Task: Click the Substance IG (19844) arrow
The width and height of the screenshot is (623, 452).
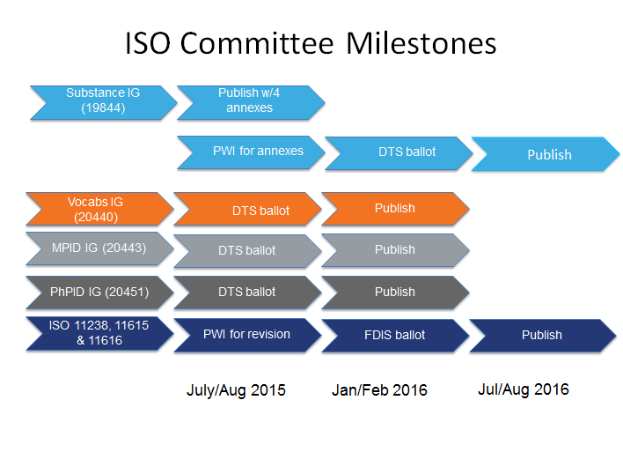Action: coord(104,103)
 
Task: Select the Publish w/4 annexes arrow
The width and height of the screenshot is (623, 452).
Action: coord(251,103)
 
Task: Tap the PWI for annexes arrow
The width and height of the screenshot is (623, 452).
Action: coord(251,152)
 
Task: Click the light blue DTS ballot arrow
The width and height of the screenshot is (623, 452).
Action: coord(399,153)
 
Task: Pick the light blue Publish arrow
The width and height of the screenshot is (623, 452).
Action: coord(546,154)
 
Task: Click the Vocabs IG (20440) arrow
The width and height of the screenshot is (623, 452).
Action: coord(99,209)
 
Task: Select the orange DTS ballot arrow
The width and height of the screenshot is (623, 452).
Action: coord(247,209)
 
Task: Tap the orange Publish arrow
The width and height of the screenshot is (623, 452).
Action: coord(395,209)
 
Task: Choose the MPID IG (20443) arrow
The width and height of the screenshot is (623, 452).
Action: coord(99,248)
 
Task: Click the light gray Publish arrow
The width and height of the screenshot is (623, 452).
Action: coord(395,250)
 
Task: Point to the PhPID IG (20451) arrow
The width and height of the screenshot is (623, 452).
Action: coord(99,293)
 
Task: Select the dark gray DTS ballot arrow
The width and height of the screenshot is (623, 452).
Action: coord(247,293)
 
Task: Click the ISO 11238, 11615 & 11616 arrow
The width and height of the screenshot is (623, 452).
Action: coord(99,333)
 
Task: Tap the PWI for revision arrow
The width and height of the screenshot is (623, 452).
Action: coord(247,335)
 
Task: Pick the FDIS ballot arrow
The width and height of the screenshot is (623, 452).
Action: coord(395,336)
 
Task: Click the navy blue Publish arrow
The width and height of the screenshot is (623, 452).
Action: coord(543,336)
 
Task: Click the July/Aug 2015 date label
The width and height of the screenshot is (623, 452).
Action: coord(236,390)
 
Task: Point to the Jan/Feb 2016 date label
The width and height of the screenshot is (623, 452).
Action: coord(379,390)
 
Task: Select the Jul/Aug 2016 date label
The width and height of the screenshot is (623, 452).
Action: coord(524,389)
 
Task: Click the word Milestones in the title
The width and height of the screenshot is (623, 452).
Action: coord(421,43)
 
